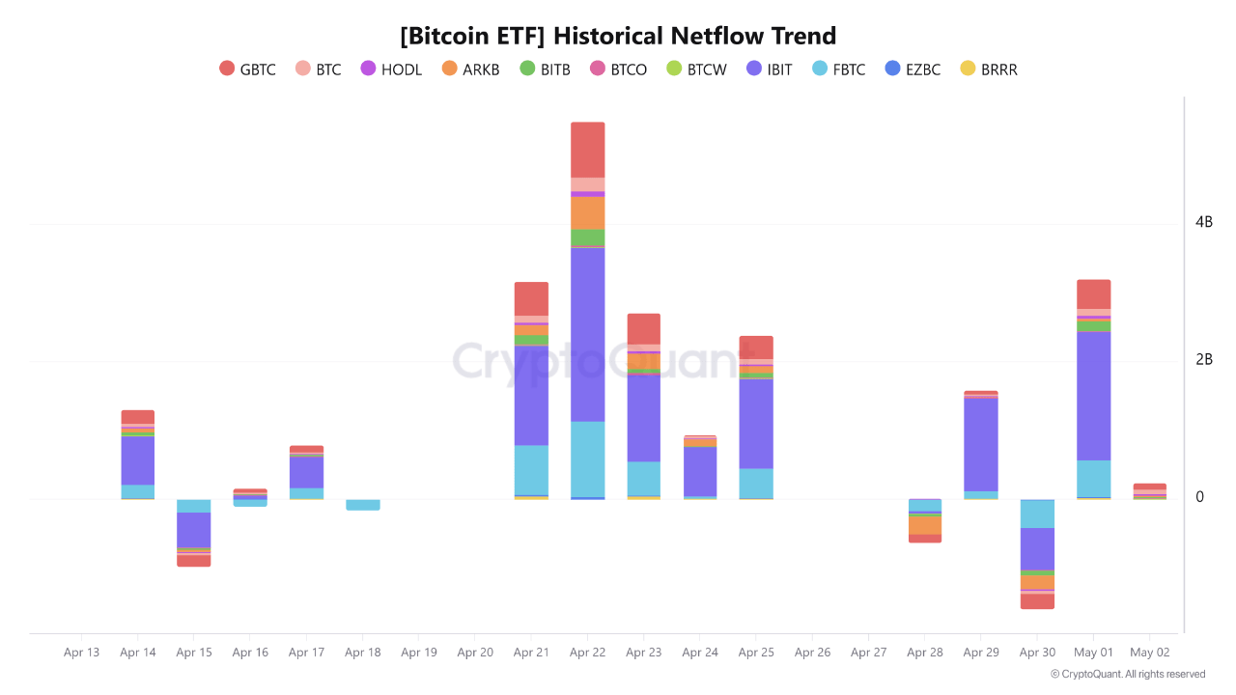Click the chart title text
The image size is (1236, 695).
(x=618, y=37)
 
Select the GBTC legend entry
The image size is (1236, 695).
(x=248, y=69)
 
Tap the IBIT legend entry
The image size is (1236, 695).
(x=769, y=69)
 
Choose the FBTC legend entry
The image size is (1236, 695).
(x=838, y=69)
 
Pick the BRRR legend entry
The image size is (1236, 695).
(x=989, y=69)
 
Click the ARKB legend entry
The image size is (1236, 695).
(x=470, y=69)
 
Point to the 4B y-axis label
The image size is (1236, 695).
(x=1203, y=222)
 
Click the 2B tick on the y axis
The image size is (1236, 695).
(x=1203, y=360)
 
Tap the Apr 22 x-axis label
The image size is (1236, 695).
(x=587, y=653)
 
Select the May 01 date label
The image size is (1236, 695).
(x=1093, y=653)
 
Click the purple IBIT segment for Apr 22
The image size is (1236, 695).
(x=587, y=334)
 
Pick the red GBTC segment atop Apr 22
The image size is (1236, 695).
(x=587, y=150)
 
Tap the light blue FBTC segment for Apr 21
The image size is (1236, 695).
(x=531, y=470)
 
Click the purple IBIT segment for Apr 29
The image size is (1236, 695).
(x=981, y=444)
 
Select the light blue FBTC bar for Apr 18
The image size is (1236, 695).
(x=363, y=505)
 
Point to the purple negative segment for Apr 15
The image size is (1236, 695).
(x=194, y=529)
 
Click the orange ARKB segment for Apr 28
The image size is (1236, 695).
(x=925, y=526)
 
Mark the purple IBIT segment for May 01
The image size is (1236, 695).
(x=1093, y=396)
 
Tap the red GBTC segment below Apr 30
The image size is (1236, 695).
(x=1037, y=601)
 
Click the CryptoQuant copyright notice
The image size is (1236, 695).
(x=1128, y=675)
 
